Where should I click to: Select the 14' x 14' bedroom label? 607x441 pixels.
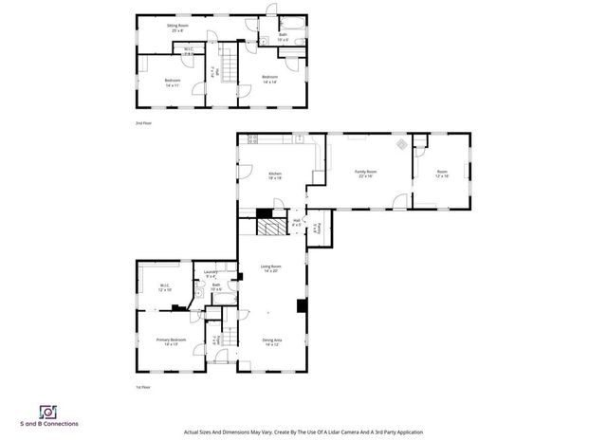269,80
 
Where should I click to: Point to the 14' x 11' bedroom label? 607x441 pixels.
173,83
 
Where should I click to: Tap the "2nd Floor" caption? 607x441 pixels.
144,123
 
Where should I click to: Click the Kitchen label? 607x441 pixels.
275,175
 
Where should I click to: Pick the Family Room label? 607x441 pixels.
363,174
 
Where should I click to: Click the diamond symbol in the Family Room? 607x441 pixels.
401,145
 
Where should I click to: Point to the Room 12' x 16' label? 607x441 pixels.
441,174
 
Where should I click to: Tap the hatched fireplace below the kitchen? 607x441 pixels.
272,228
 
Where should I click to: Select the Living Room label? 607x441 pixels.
270,268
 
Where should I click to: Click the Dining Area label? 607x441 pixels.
271,342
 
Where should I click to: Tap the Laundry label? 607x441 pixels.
211,274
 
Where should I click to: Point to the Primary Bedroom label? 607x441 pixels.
172,342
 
